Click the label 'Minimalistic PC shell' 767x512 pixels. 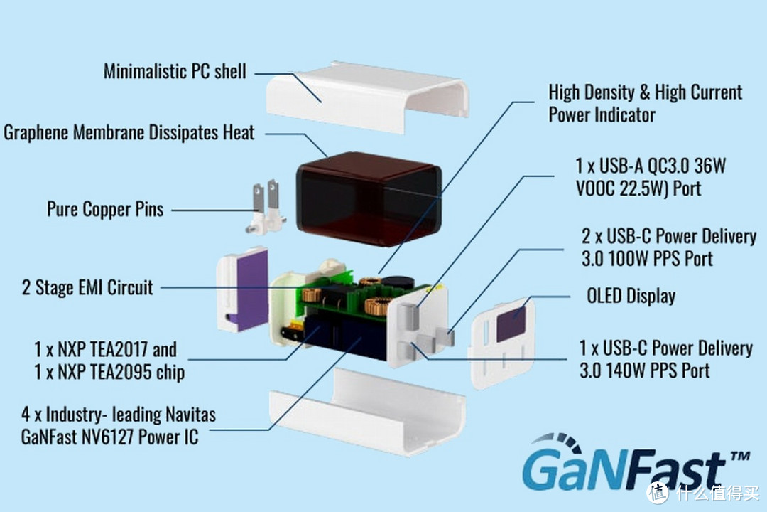tap(175, 71)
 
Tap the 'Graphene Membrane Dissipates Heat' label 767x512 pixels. tap(129, 133)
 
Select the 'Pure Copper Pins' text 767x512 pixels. tap(105, 209)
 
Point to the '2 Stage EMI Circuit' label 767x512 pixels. tap(87, 287)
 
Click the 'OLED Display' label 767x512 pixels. tap(631, 295)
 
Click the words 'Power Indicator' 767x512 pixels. tap(602, 114)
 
